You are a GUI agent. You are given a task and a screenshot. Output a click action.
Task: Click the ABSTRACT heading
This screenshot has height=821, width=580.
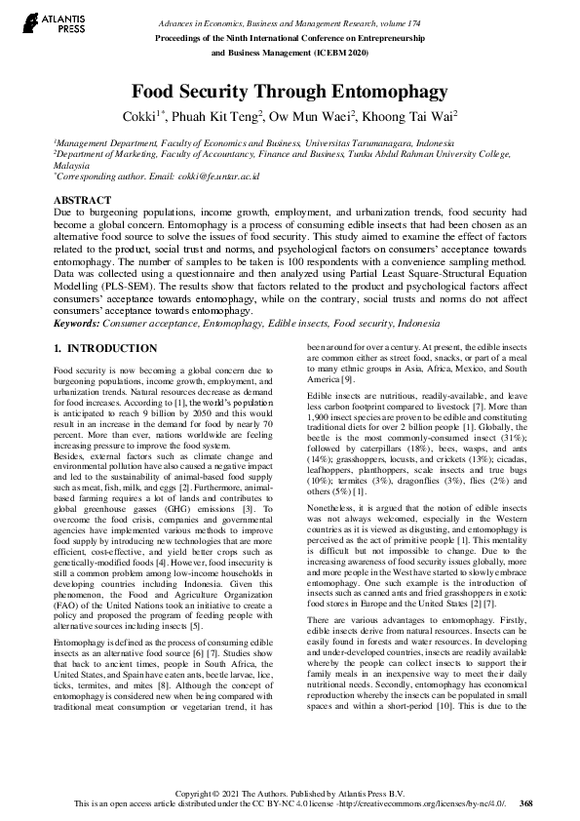click(x=82, y=199)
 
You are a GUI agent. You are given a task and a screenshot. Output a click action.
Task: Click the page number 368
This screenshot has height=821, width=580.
click(x=526, y=802)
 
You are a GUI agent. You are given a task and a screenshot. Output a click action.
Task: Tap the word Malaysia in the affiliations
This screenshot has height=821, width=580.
click(x=73, y=166)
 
